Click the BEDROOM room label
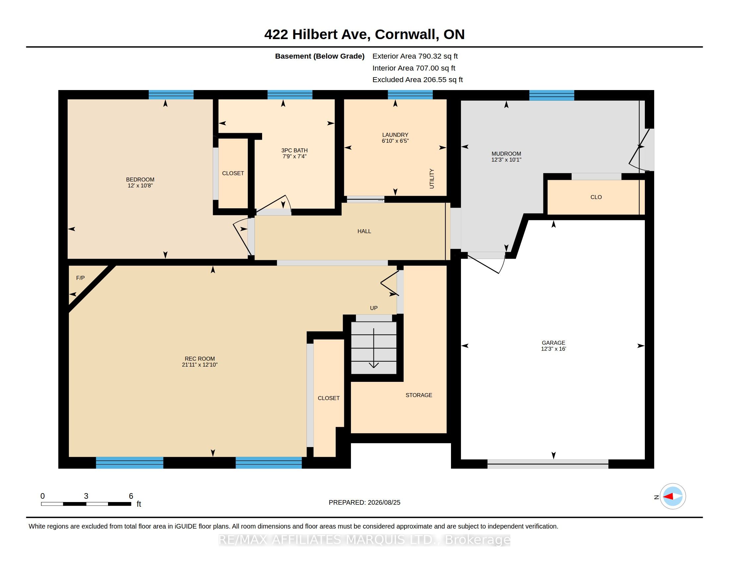click(140, 179)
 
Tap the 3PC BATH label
click(294, 150)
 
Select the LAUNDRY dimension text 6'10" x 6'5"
click(395, 141)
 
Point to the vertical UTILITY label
click(431, 179)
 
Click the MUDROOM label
click(506, 154)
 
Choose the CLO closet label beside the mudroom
click(596, 197)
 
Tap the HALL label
click(364, 231)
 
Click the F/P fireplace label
click(81, 278)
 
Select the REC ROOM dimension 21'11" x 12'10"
click(199, 365)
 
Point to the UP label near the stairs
click(374, 308)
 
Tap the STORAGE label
click(419, 395)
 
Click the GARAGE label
click(553, 343)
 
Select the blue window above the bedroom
click(171, 95)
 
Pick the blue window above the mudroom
click(552, 95)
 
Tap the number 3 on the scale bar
click(86, 496)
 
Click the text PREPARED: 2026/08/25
click(364, 502)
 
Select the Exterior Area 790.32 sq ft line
click(415, 56)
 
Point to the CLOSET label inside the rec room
click(329, 398)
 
